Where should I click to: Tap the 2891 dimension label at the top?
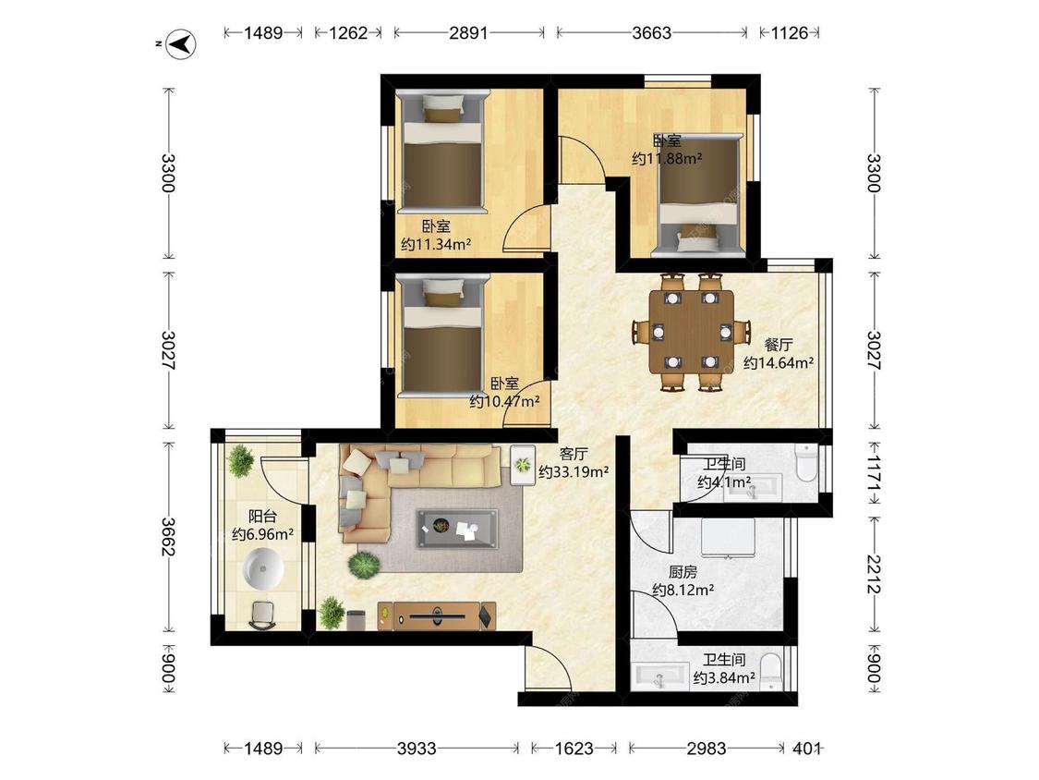pos(468,32)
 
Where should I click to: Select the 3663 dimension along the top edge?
pos(651,32)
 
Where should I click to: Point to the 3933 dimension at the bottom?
pos(417,749)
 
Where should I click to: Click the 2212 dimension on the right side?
pos(874,575)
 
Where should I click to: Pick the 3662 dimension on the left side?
pos(168,537)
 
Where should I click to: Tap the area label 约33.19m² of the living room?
pos(574,472)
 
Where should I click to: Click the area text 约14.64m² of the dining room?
pos(779,363)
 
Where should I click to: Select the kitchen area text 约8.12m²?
pos(683,590)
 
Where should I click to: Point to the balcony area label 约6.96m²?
pos(263,534)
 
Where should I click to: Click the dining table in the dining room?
pos(691,332)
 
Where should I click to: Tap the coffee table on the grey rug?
pos(457,529)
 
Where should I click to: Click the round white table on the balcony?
pos(264,569)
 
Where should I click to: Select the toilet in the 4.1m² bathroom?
pos(805,462)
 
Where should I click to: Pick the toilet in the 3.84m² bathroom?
pos(770,671)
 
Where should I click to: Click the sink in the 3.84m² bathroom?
pos(660,677)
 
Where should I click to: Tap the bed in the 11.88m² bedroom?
pos(698,196)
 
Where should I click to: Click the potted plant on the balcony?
pos(240,459)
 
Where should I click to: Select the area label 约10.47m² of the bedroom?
pos(505,401)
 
